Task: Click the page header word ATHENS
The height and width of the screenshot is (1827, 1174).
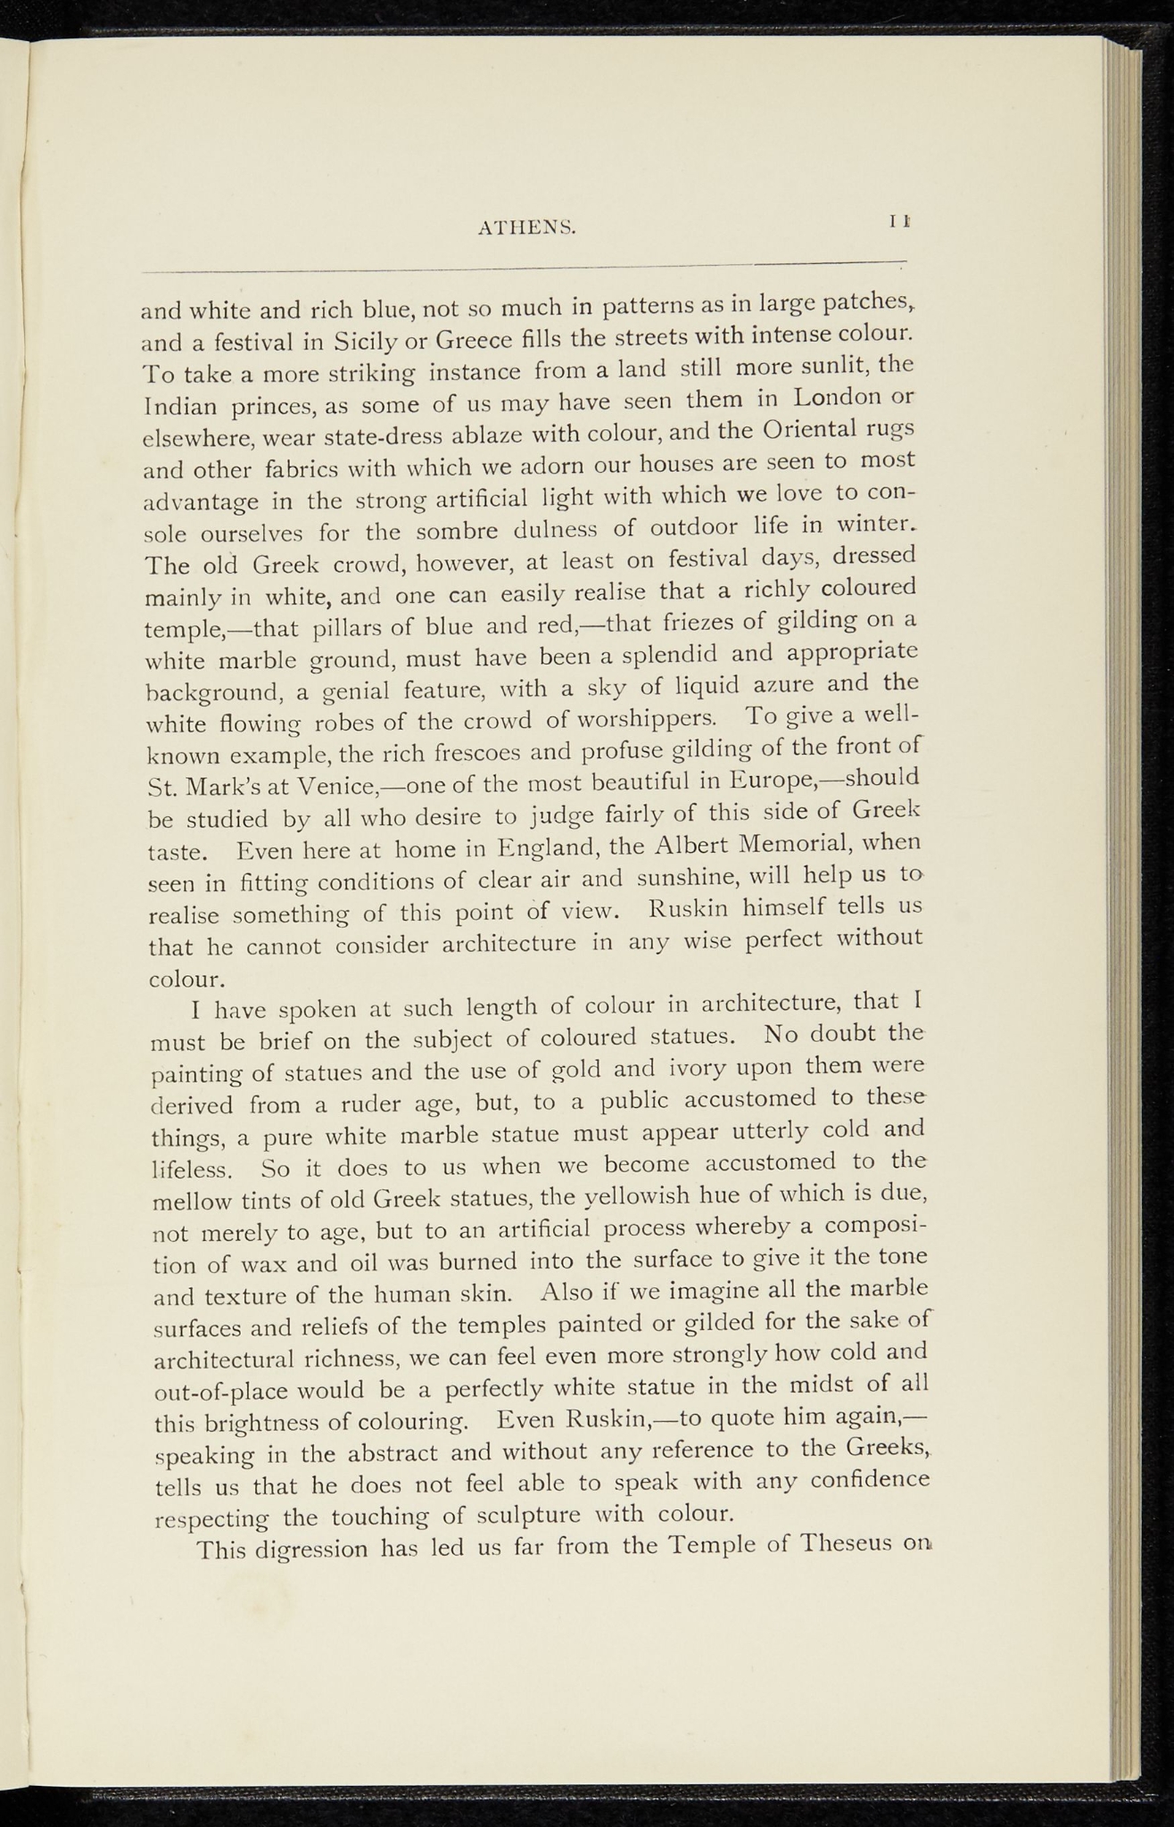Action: [x=527, y=228]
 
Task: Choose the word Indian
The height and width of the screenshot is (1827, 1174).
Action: [x=179, y=407]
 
